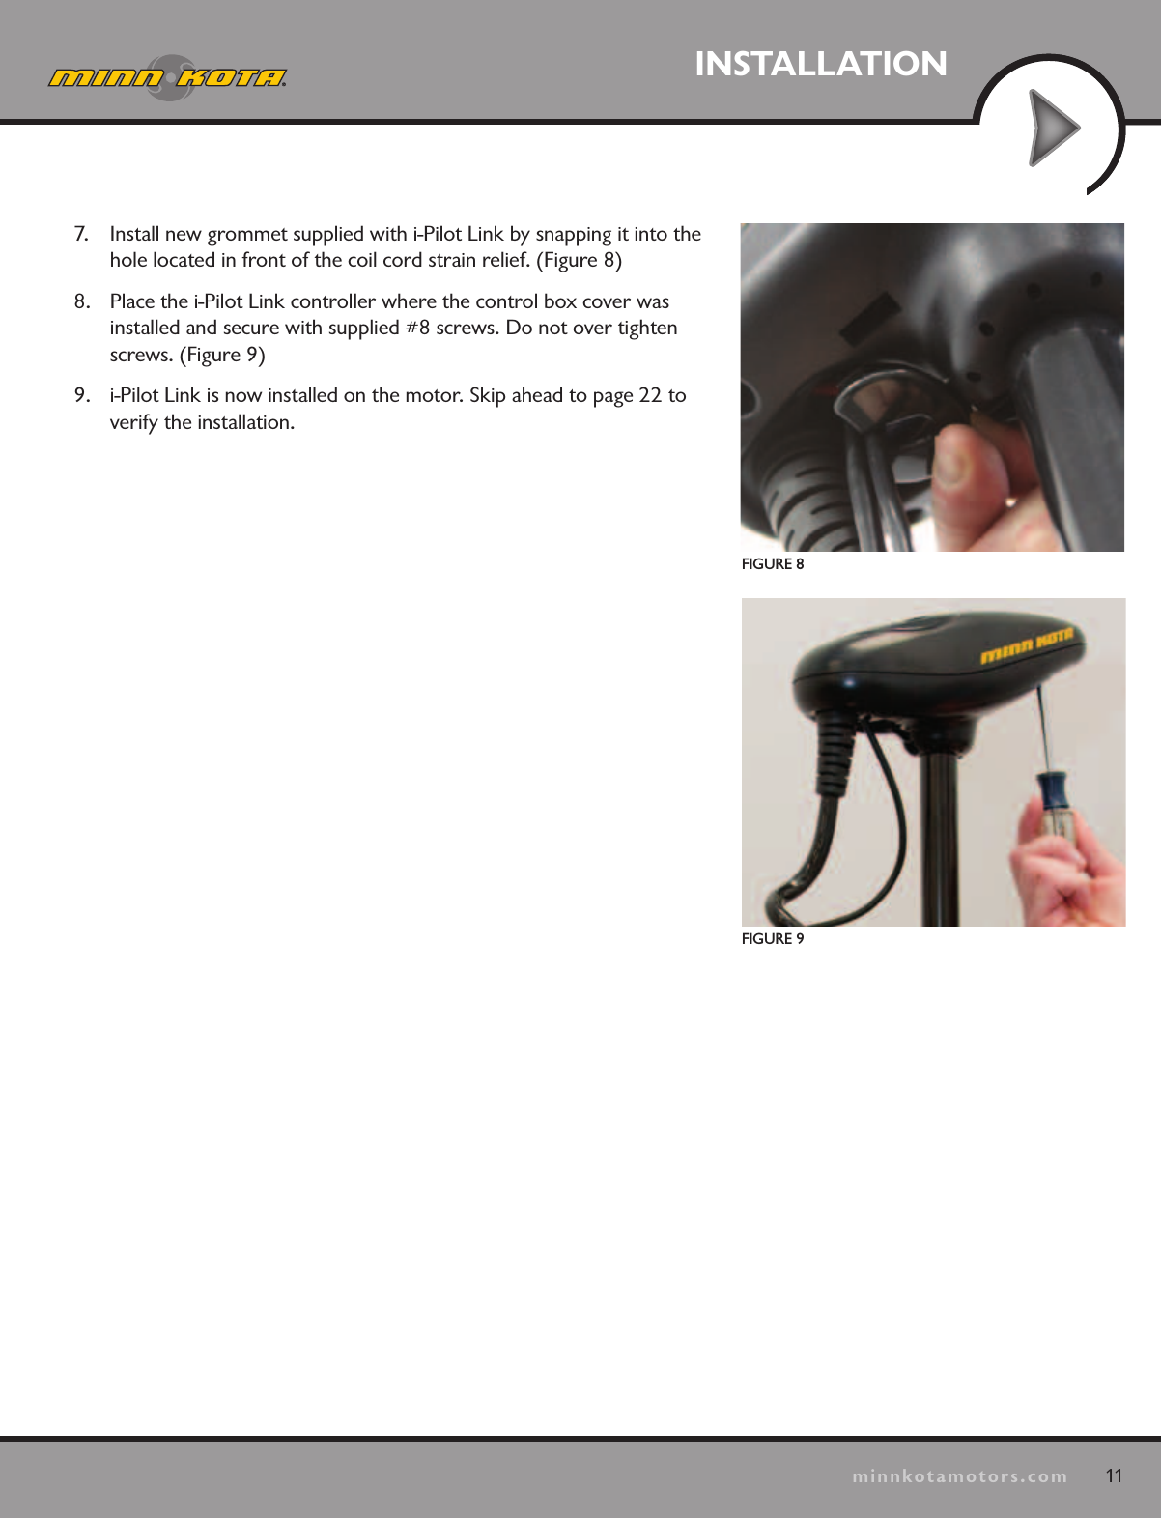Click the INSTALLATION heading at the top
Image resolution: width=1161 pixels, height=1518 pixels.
821,64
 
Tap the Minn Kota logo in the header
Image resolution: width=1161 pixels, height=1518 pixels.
168,77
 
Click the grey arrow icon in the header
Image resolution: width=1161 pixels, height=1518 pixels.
1053,128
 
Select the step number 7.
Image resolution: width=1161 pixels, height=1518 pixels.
81,234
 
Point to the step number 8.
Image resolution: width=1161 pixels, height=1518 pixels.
82,301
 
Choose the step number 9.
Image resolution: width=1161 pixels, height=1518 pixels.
82,395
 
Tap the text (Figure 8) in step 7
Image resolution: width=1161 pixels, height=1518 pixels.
579,260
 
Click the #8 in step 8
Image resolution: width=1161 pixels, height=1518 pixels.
417,328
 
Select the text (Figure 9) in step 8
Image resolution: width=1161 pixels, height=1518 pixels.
222,355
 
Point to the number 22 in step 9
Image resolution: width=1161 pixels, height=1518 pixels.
650,395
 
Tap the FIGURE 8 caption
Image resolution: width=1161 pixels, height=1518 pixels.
772,564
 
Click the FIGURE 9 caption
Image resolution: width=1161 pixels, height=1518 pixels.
772,939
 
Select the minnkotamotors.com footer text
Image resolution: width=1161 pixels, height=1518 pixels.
959,1476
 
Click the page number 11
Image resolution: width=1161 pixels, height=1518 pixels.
1114,1475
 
